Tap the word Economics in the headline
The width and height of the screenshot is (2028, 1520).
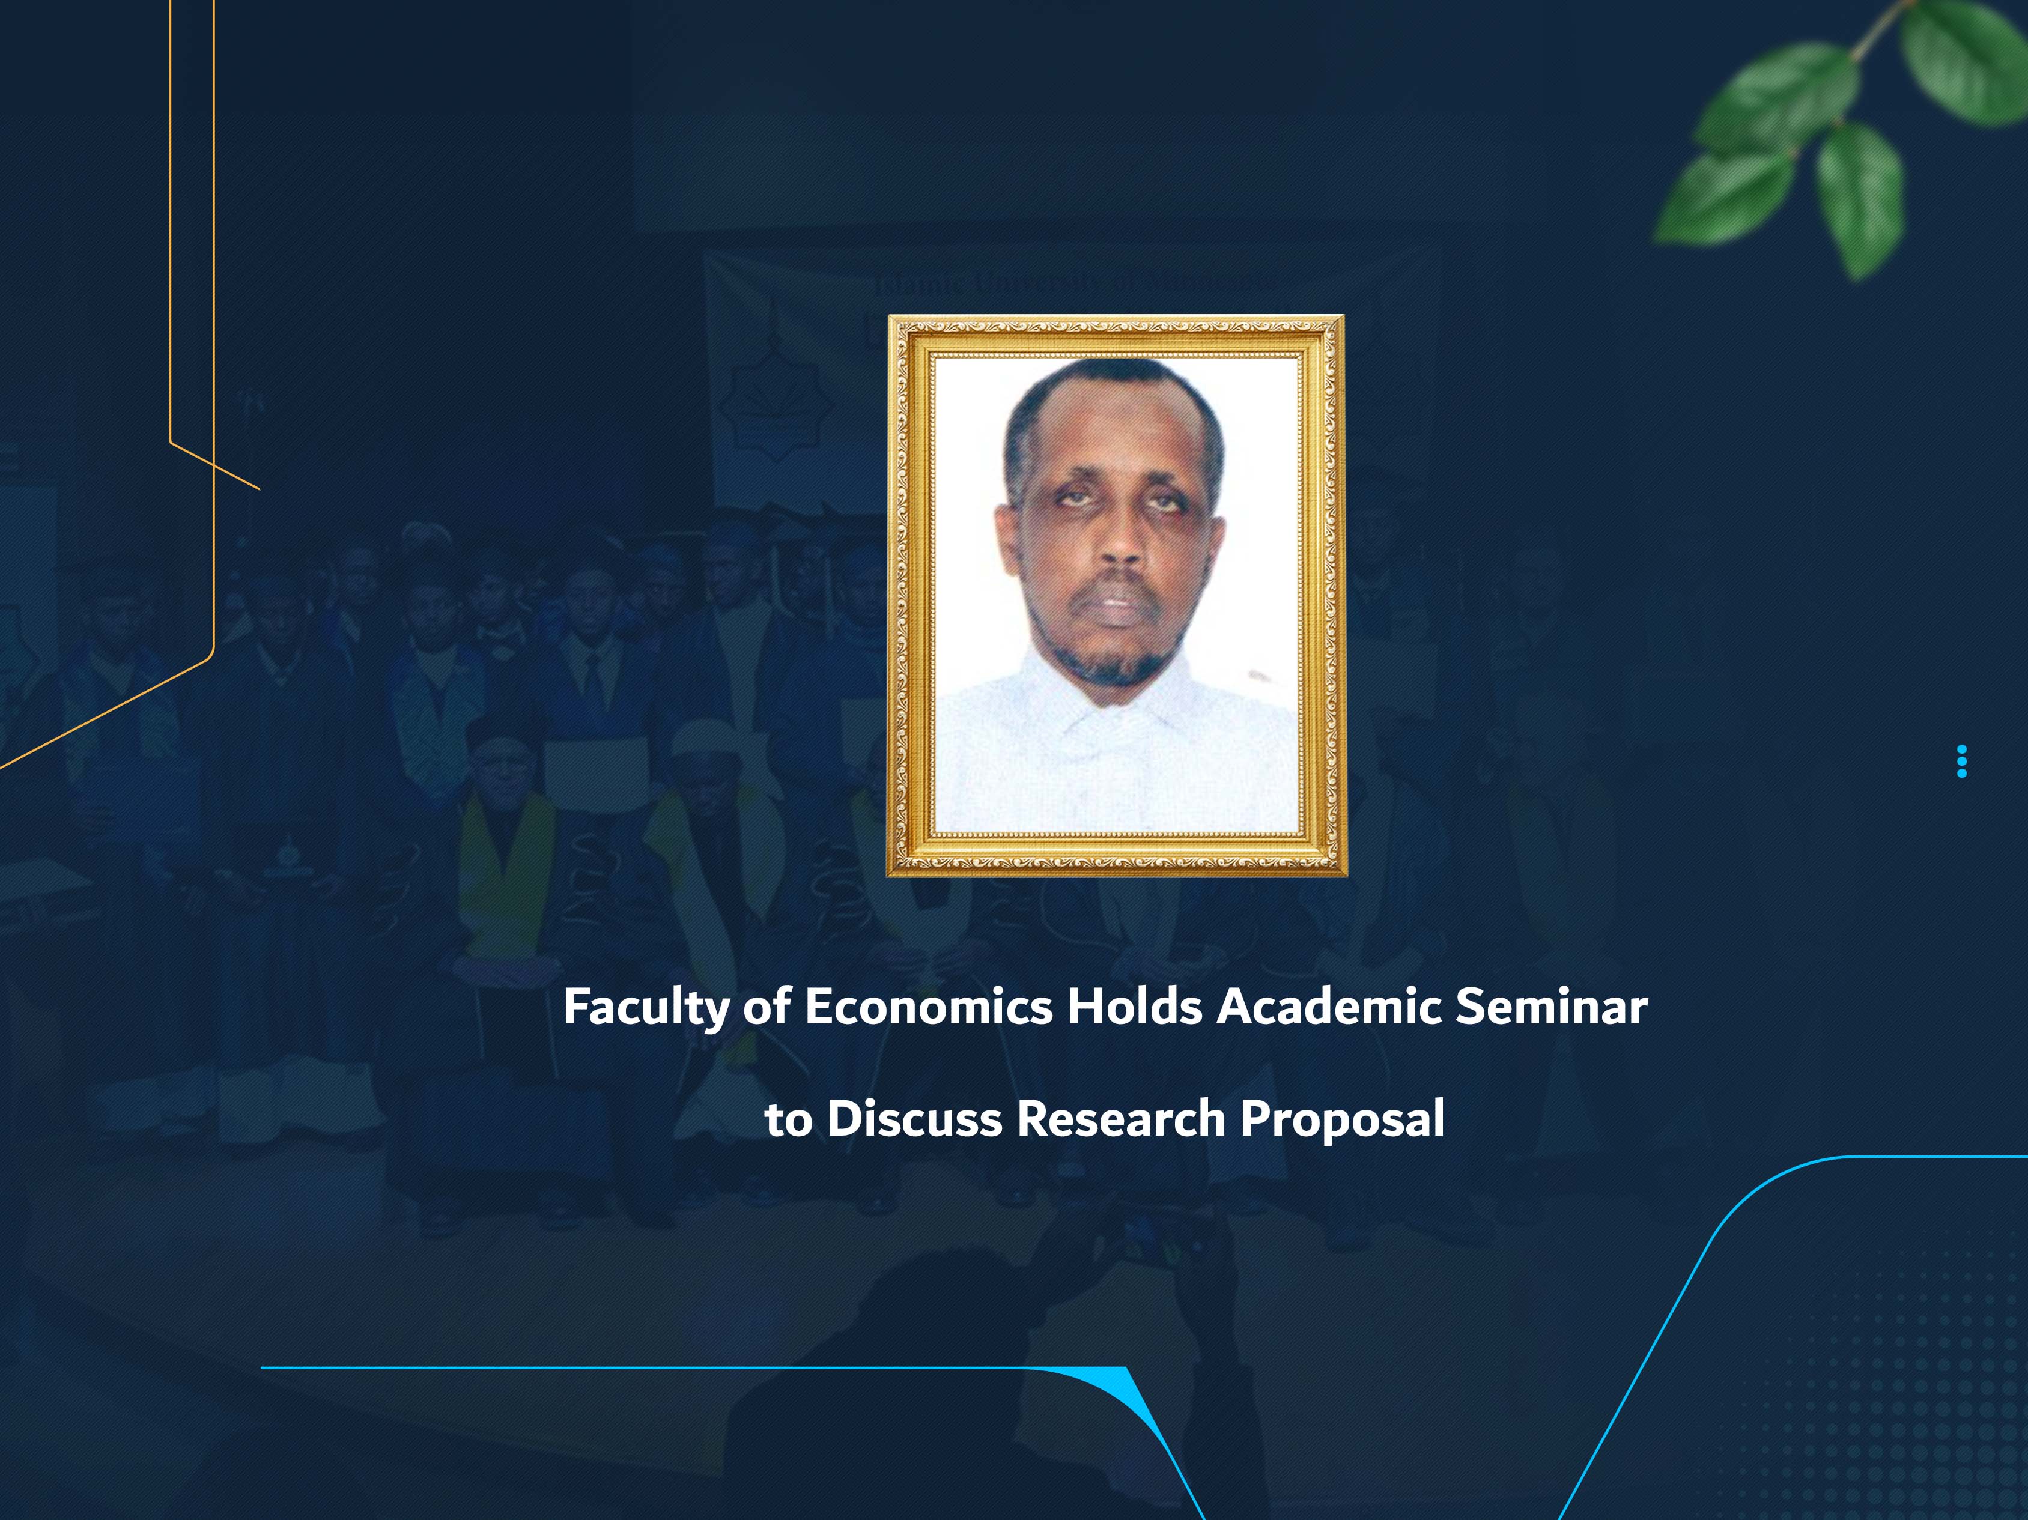point(928,1007)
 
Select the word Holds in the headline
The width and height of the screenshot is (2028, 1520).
point(1134,1007)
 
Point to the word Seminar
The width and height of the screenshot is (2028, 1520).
point(1551,1007)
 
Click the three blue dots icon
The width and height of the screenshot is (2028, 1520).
point(1961,761)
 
